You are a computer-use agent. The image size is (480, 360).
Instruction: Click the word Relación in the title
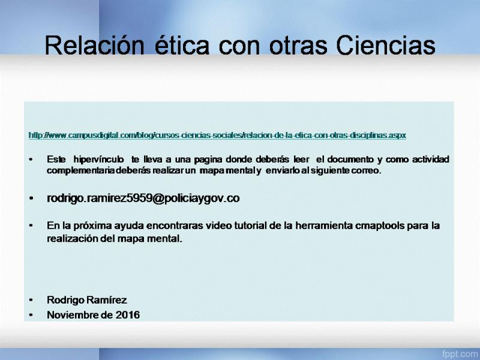coord(94,46)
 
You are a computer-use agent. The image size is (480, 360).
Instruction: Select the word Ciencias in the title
coord(386,46)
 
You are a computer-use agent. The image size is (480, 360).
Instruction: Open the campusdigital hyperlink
coord(217,135)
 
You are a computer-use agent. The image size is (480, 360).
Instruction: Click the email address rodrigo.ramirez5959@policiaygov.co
coord(143,199)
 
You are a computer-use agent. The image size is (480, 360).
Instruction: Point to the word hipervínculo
coord(98,160)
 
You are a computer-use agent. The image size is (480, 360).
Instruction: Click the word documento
coord(350,159)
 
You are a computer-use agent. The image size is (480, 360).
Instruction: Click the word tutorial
coord(250,226)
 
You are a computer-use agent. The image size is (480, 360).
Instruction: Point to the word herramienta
coord(324,226)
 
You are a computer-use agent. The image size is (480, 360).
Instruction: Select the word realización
coord(72,238)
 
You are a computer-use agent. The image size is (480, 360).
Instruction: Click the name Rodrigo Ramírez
coord(87,300)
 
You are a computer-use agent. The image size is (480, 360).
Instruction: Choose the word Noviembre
coord(72,315)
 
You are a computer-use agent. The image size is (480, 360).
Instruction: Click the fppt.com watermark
coord(460,353)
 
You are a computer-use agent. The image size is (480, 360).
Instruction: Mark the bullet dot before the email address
coord(31,199)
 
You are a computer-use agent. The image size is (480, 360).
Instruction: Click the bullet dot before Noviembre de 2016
coord(31,315)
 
